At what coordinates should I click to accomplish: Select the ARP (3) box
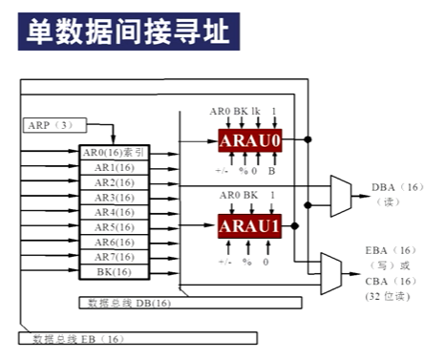(46, 125)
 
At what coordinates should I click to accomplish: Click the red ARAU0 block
(251, 140)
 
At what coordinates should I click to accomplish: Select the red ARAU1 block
(251, 226)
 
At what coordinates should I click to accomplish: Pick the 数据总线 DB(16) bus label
(128, 303)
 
